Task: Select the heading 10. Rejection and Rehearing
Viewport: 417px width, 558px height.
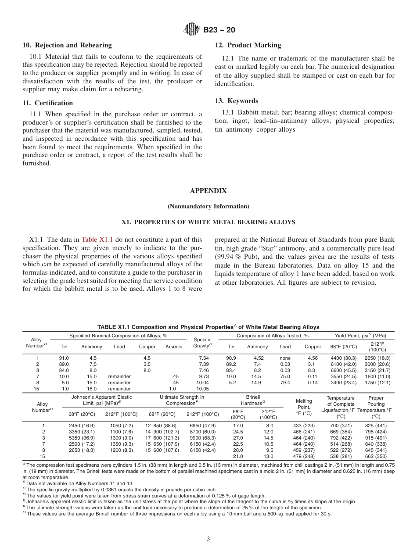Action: [x=67, y=45]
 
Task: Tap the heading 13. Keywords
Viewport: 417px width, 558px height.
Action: [x=236, y=101]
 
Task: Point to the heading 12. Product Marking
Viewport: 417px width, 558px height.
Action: [x=248, y=45]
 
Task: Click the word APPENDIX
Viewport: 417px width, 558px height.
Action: [x=208, y=191]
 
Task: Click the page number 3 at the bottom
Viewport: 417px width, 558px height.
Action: [x=208, y=539]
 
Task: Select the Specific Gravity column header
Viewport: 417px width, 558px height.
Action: [x=202, y=343]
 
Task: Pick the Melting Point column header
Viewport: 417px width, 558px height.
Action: [x=304, y=407]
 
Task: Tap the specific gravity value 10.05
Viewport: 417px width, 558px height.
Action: [x=202, y=389]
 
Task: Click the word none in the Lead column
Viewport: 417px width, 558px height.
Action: [x=285, y=358]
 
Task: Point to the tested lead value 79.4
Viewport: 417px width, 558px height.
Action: [x=285, y=383]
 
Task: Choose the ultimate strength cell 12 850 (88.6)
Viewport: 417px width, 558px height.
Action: [x=161, y=426]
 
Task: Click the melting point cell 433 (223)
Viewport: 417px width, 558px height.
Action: [x=304, y=426]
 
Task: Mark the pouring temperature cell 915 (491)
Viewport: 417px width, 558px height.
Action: [x=376, y=438]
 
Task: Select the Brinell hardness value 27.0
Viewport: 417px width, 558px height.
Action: [x=237, y=438]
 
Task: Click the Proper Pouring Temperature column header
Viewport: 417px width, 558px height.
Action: [x=376, y=407]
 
